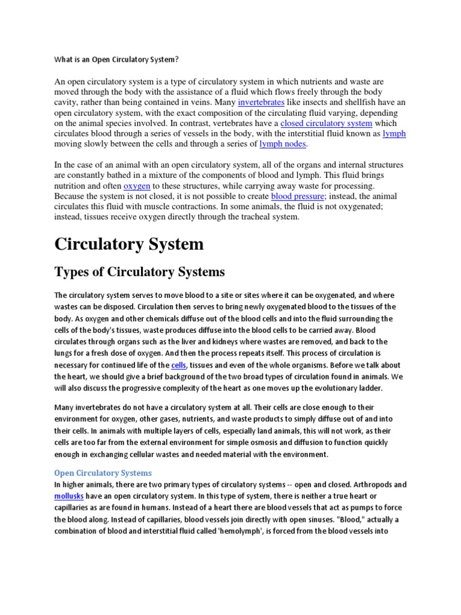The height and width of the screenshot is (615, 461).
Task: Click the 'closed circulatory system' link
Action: pyautogui.click(x=327, y=123)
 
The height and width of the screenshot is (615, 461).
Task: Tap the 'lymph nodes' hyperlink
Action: pyautogui.click(x=283, y=144)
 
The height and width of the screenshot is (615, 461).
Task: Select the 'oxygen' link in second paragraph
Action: pyautogui.click(x=136, y=186)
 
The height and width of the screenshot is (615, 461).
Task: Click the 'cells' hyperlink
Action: pyautogui.click(x=178, y=365)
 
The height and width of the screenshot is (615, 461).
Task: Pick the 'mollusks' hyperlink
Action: pyautogui.click(x=69, y=495)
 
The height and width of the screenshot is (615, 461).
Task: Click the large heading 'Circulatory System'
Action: pyautogui.click(x=128, y=244)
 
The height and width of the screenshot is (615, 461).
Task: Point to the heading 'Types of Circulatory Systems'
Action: pyautogui.click(x=139, y=272)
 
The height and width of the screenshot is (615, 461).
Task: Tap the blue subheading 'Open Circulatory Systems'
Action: pyautogui.click(x=103, y=473)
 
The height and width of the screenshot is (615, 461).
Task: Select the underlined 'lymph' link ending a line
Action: pyautogui.click(x=394, y=133)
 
